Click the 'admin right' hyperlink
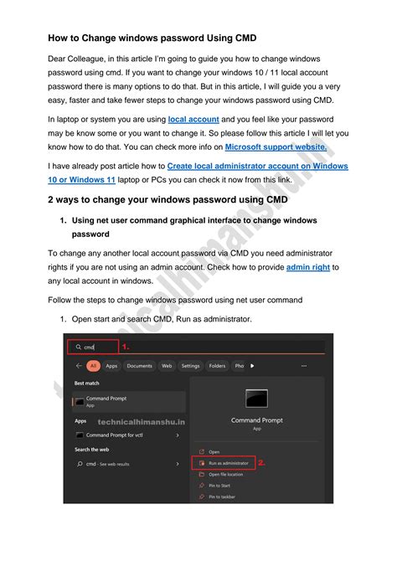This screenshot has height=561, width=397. pyautogui.click(x=308, y=267)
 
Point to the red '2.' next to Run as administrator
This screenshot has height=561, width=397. pyautogui.click(x=261, y=462)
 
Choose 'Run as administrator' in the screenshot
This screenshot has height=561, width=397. pyautogui.click(x=227, y=462)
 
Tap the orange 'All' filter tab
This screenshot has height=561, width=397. pyautogui.click(x=92, y=366)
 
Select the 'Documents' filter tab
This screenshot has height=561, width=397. pyautogui.click(x=140, y=366)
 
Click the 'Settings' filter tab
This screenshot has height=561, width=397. pyautogui.click(x=190, y=366)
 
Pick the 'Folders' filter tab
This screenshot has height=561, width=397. pyautogui.click(x=217, y=366)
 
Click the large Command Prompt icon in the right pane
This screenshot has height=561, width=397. pyautogui.click(x=256, y=399)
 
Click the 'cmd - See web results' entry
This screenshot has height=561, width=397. pyautogui.click(x=108, y=462)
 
